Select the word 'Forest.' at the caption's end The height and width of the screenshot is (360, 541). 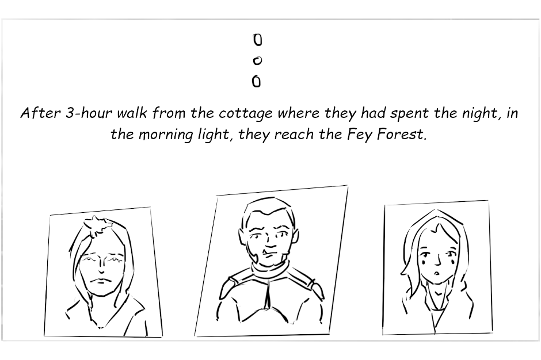click(x=402, y=134)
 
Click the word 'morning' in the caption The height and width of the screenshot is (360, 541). click(x=166, y=135)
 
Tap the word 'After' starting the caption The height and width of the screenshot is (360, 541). click(x=41, y=113)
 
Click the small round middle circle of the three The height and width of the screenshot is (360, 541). click(x=257, y=61)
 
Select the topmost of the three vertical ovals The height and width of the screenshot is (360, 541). click(x=258, y=40)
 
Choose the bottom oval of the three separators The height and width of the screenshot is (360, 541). click(x=256, y=82)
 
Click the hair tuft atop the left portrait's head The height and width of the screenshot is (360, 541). click(x=98, y=224)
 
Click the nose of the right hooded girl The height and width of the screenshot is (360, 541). click(x=438, y=260)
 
